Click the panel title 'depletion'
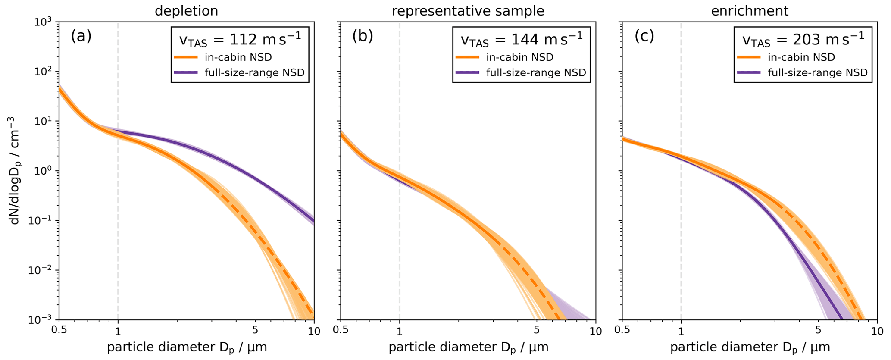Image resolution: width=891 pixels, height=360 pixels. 186,10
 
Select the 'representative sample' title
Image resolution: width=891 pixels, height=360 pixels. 468,10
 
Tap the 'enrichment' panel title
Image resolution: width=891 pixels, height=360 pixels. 750,10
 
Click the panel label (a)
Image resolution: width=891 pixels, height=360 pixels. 81,36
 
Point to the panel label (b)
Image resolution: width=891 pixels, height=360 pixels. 363,36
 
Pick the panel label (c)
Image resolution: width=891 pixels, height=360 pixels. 644,36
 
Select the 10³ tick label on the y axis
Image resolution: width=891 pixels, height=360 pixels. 44,22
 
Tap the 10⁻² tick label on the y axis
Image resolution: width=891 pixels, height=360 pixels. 44,270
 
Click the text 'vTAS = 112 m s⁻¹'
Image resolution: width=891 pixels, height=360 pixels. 240,40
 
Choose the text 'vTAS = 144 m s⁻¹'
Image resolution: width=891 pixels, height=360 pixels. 521,40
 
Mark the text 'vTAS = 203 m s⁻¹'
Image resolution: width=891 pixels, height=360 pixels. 803,40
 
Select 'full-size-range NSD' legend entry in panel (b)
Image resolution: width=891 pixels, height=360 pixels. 536,72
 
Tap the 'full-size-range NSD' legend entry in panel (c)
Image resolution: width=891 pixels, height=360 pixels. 817,72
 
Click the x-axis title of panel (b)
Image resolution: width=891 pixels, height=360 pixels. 468,347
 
